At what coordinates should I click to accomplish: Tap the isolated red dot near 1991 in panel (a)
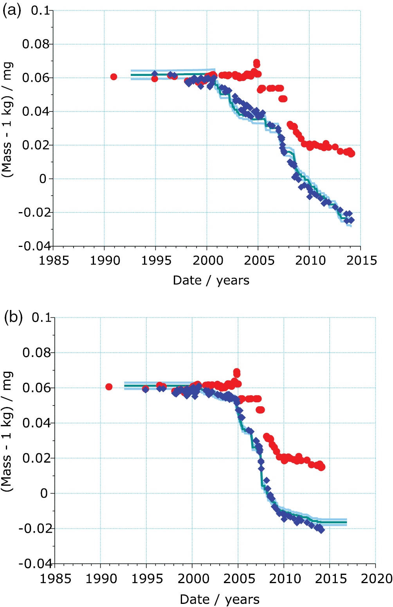click(114, 77)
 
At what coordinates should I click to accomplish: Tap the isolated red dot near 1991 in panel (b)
click(109, 387)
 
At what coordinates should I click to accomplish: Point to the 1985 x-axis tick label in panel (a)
click(54, 260)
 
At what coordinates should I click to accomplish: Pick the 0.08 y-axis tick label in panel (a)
click(36, 44)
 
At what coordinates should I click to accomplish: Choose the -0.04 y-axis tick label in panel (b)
click(35, 564)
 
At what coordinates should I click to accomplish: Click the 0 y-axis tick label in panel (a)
click(43, 179)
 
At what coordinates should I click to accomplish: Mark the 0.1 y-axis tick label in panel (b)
click(41, 317)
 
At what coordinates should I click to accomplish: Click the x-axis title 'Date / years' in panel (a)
click(211, 280)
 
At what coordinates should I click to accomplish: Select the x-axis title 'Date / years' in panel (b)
click(219, 599)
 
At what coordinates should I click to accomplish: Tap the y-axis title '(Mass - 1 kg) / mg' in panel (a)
click(8, 119)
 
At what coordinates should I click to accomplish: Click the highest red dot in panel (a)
click(256, 63)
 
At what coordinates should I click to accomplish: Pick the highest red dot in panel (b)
click(236, 372)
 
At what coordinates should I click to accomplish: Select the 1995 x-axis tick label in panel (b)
click(147, 578)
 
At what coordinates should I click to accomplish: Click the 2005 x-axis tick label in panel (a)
click(259, 260)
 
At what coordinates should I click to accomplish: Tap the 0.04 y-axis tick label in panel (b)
click(36, 423)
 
